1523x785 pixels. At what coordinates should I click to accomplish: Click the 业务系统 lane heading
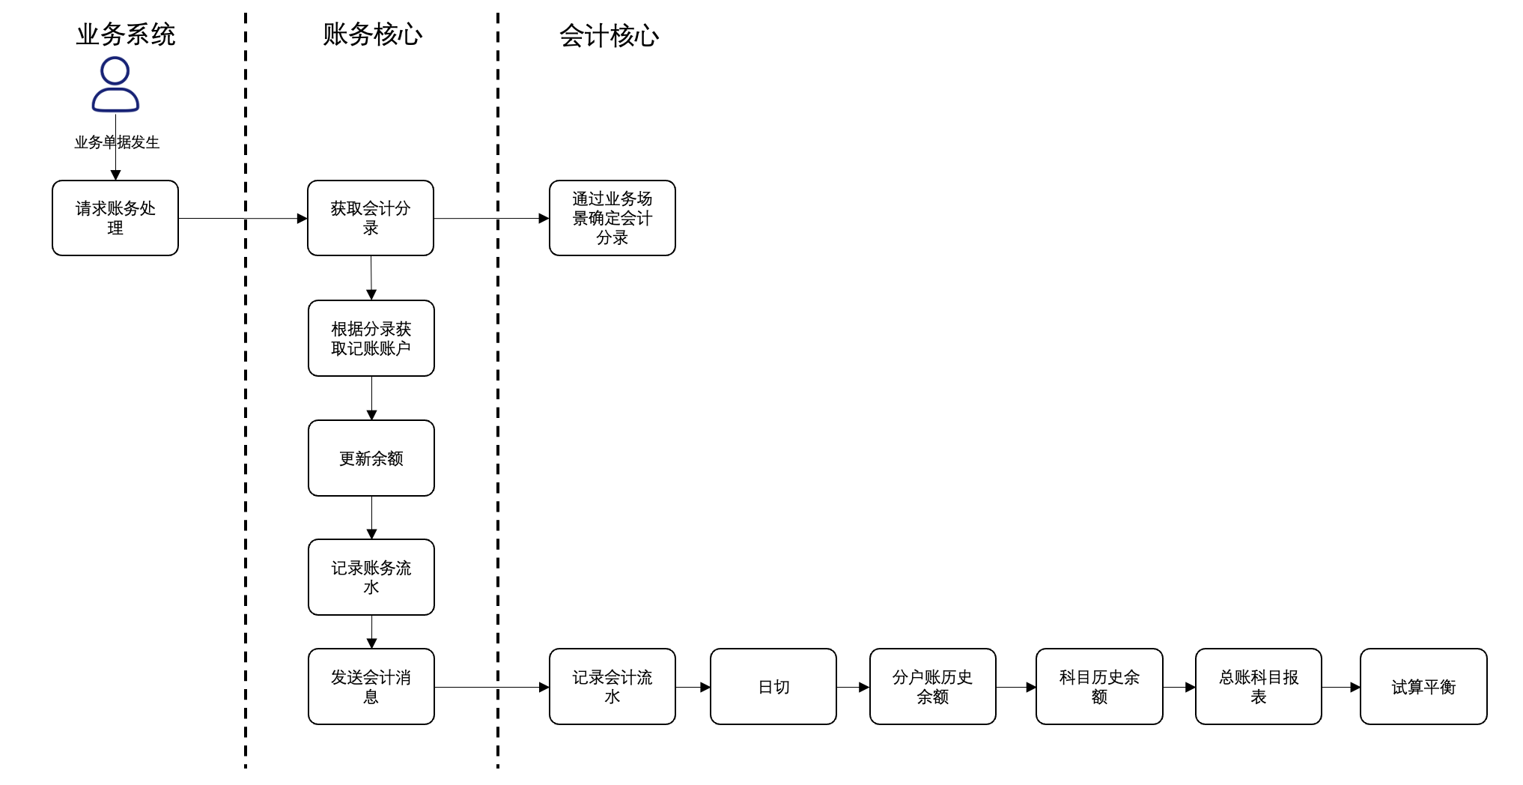pos(125,34)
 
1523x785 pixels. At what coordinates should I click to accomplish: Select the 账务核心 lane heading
pos(372,34)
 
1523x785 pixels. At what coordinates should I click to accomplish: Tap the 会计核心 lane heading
pos(609,36)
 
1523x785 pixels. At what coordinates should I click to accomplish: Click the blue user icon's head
pos(115,71)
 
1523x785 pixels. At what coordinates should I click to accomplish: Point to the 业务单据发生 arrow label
pos(117,142)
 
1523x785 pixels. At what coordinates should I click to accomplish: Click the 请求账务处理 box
pos(115,218)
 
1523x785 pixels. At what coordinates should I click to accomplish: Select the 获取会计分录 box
pos(371,218)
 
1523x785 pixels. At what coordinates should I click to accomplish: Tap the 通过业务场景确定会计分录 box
pos(612,218)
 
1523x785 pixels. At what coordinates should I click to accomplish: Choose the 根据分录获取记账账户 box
pos(371,339)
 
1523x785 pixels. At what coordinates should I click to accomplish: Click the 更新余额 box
pos(371,458)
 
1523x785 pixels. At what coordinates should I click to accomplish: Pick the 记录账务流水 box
pos(371,578)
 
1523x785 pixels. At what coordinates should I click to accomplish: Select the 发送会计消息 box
pos(371,687)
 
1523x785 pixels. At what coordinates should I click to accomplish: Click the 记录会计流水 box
pos(612,687)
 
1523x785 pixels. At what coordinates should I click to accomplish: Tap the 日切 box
pos(773,687)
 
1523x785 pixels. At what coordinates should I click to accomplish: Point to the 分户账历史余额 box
pos(932,687)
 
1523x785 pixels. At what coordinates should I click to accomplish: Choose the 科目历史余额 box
pos(1099,687)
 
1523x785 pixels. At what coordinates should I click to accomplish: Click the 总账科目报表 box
pos(1259,687)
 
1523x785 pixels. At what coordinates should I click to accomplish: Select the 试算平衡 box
pos(1423,687)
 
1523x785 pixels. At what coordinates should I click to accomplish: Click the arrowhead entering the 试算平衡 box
pos(1355,687)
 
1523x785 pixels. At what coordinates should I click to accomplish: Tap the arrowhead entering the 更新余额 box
pos(371,415)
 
